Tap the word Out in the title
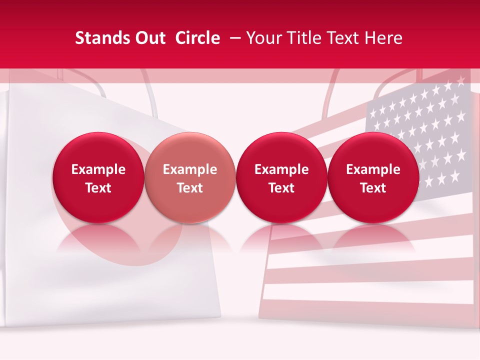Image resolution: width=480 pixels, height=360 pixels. click(x=149, y=38)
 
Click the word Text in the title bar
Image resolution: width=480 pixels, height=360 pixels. click(x=343, y=38)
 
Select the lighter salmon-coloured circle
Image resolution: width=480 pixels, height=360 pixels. click(x=190, y=177)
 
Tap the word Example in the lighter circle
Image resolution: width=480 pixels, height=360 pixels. click(x=190, y=169)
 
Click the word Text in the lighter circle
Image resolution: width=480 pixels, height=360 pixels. click(x=190, y=188)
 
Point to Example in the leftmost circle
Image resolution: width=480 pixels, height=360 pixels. click(x=98, y=169)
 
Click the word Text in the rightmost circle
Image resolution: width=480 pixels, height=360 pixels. click(x=373, y=188)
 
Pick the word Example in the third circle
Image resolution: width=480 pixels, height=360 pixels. click(x=281, y=169)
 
